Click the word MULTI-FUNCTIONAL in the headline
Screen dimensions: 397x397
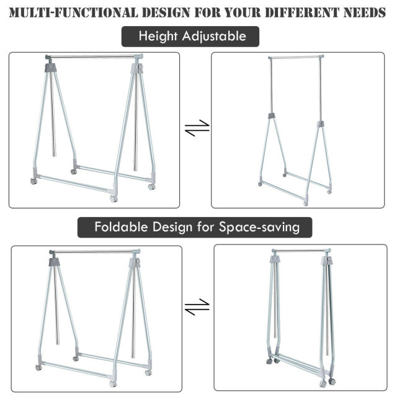tap(69, 12)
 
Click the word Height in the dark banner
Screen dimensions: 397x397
tap(158, 37)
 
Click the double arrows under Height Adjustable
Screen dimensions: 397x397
tap(197, 128)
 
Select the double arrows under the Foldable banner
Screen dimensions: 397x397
tap(197, 306)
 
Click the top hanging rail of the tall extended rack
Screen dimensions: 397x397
tap(296, 58)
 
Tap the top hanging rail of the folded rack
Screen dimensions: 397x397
tap(301, 251)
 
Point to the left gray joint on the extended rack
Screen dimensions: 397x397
tap(271, 116)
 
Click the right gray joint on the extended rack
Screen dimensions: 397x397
tap(321, 125)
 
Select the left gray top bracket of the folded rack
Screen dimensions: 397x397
tap(274, 259)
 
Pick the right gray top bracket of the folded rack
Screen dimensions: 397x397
tap(326, 261)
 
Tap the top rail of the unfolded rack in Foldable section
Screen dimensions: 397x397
tap(94, 252)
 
